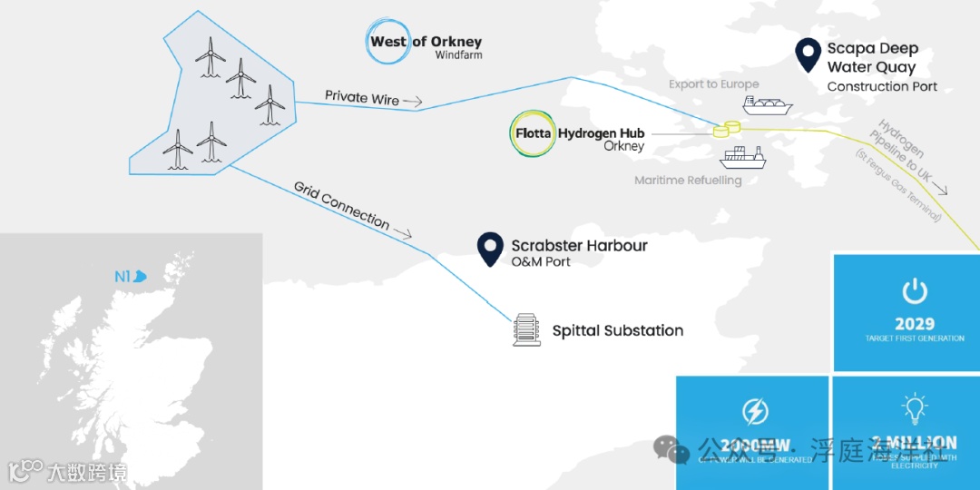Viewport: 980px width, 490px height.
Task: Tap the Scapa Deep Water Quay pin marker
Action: point(808,55)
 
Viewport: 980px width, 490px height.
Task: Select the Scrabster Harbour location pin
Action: point(491,248)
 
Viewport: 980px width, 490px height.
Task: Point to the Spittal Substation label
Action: point(618,330)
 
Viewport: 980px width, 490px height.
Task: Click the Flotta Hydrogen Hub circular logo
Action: point(531,134)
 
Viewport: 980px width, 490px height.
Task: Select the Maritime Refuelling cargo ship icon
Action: point(742,157)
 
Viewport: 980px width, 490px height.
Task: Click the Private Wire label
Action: point(361,98)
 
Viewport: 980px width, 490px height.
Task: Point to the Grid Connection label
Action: point(341,205)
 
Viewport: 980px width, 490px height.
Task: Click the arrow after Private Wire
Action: point(412,103)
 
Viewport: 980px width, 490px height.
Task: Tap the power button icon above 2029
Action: point(914,291)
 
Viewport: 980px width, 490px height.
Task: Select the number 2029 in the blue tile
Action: point(914,324)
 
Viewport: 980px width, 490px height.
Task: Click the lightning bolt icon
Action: point(755,411)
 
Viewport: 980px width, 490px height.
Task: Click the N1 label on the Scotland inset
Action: point(123,277)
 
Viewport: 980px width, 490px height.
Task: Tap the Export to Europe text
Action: point(713,84)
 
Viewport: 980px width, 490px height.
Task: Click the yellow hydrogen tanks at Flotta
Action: point(727,131)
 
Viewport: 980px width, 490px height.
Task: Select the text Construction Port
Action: point(882,87)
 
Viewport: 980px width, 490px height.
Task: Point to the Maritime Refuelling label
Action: point(688,181)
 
